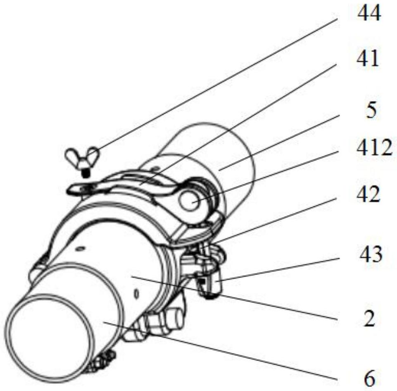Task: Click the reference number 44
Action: pyautogui.click(x=369, y=15)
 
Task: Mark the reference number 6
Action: pyautogui.click(x=370, y=377)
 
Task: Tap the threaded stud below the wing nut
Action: pyautogui.click(x=86, y=171)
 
